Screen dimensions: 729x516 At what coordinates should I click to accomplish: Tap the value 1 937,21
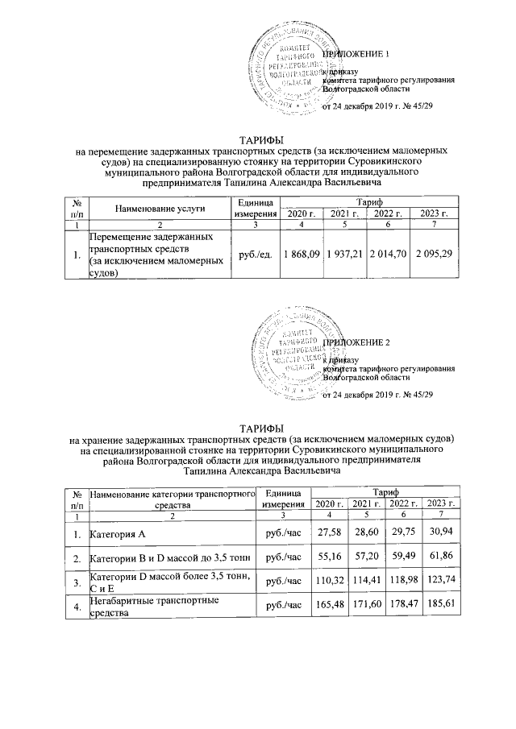[x=344, y=255]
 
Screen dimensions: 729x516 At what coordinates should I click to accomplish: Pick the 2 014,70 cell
[x=389, y=255]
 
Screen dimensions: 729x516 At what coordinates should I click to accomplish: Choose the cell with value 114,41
[x=367, y=582]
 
